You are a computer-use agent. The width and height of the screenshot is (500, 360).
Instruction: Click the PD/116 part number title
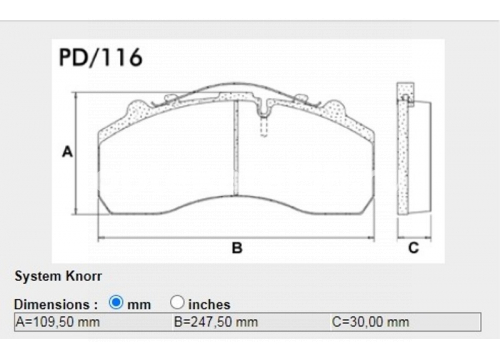[101, 57]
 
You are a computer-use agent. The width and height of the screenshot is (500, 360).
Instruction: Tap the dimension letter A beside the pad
[67, 152]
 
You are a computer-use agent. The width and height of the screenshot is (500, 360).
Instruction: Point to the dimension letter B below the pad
[237, 248]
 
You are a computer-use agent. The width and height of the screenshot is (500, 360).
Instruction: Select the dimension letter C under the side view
[413, 248]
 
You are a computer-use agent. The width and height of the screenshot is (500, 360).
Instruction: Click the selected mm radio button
[116, 302]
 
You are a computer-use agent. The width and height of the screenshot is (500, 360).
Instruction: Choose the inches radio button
[177, 302]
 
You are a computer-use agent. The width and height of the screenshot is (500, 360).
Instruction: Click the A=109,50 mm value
[58, 322]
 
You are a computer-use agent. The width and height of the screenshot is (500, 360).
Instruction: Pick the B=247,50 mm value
[216, 322]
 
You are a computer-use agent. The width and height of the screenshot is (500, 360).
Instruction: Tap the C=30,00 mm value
[370, 322]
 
